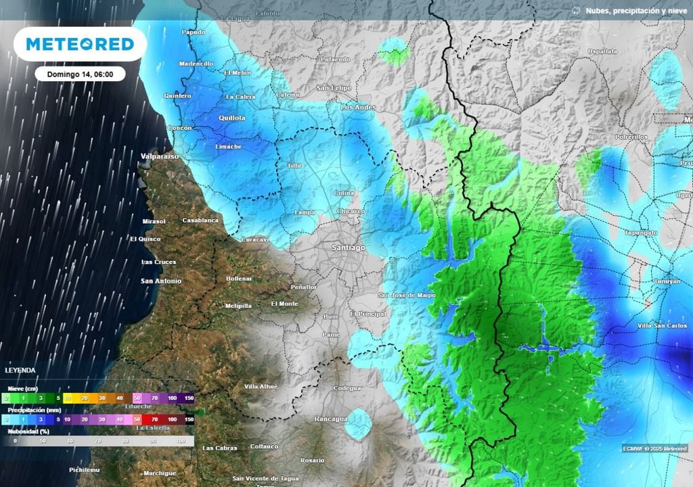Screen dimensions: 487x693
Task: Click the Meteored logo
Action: (80, 44)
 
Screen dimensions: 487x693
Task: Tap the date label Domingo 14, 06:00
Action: (80, 74)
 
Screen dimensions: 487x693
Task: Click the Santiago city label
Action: (349, 248)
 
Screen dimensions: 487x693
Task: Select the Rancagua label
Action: (331, 419)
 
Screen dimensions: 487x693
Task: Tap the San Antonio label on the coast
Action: (161, 281)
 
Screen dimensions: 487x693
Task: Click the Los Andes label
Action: (358, 107)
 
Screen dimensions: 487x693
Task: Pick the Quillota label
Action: (231, 118)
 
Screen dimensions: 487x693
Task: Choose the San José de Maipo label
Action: (406, 296)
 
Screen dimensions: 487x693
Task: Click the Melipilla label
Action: (238, 306)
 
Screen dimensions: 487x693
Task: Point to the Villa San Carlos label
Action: (662, 326)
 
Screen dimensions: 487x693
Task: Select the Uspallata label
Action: (602, 51)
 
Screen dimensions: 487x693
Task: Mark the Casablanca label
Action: (201, 221)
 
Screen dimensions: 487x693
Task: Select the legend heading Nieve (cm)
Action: (24, 389)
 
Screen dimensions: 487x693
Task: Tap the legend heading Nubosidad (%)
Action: (28, 430)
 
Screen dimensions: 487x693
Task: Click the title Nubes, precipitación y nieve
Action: (636, 10)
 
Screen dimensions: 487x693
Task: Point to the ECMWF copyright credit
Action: (654, 448)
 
